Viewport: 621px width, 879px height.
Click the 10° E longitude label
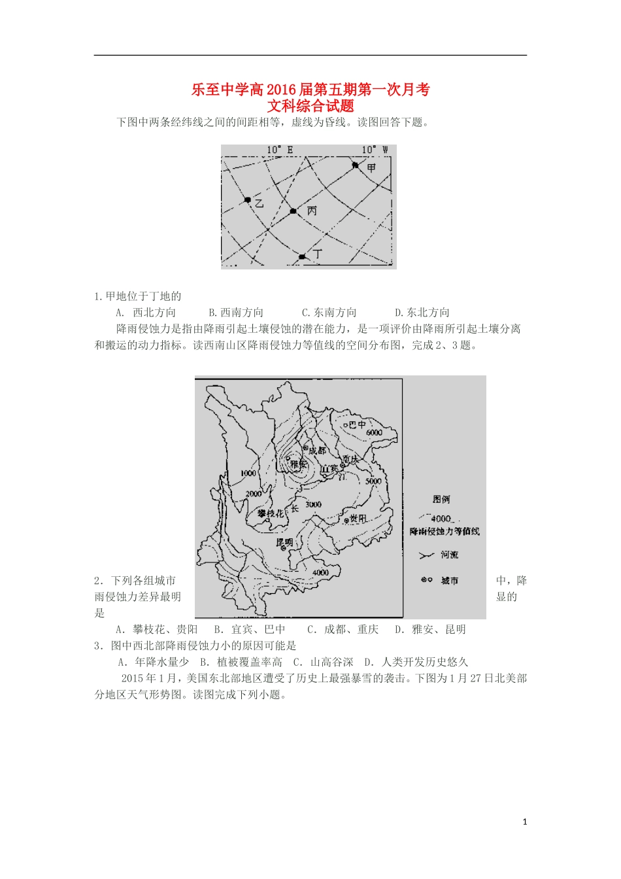pyautogui.click(x=280, y=150)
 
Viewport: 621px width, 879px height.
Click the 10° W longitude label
pyautogui.click(x=375, y=150)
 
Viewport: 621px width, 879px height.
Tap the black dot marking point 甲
pyautogui.click(x=356, y=165)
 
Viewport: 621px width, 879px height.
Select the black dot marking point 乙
pyautogui.click(x=248, y=199)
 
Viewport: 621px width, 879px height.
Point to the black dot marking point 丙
pyautogui.click(x=294, y=211)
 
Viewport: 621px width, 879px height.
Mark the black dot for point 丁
pyautogui.click(x=302, y=257)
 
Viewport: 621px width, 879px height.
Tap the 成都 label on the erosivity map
pyautogui.click(x=316, y=451)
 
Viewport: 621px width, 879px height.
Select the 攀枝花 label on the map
pyautogui.click(x=271, y=513)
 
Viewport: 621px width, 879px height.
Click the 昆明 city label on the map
pyautogui.click(x=284, y=542)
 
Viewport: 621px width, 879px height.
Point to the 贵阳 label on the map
pyautogui.click(x=358, y=518)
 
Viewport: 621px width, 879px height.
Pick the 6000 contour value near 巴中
pyautogui.click(x=374, y=433)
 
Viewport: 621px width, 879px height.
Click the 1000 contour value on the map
pyautogui.click(x=248, y=473)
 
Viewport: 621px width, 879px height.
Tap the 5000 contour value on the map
pyautogui.click(x=373, y=481)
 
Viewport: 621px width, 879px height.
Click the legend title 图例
pyautogui.click(x=441, y=499)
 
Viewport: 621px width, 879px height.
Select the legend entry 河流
pyautogui.click(x=449, y=555)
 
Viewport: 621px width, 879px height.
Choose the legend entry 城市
pyautogui.click(x=449, y=580)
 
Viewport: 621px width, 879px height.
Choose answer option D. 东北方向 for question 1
pyautogui.click(x=422, y=313)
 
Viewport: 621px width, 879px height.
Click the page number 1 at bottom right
pyautogui.click(x=525, y=822)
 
